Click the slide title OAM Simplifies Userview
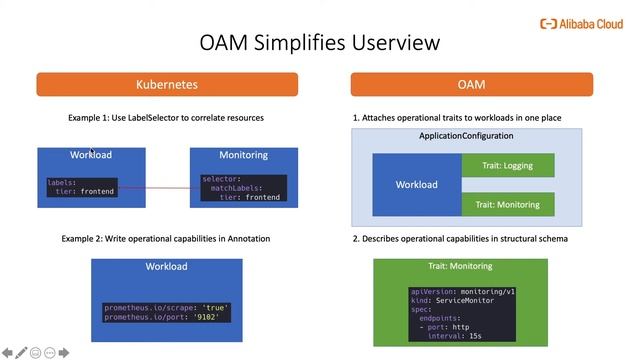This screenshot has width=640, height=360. pyautogui.click(x=319, y=43)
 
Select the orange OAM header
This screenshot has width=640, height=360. pyautogui.click(x=471, y=85)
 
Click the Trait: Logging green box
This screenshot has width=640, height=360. pyautogui.click(x=507, y=166)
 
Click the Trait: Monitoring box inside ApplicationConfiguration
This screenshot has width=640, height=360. pyautogui.click(x=507, y=204)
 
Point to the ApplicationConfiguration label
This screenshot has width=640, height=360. pyautogui.click(x=466, y=136)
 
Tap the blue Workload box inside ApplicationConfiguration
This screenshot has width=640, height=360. pyautogui.click(x=416, y=184)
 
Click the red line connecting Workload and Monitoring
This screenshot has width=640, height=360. pyautogui.click(x=168, y=187)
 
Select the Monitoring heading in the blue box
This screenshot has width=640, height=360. pyautogui.click(x=243, y=155)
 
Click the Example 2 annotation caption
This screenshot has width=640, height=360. pyautogui.click(x=166, y=239)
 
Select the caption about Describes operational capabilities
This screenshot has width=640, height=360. pyautogui.click(x=461, y=239)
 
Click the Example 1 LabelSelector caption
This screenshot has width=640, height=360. pyautogui.click(x=166, y=117)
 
